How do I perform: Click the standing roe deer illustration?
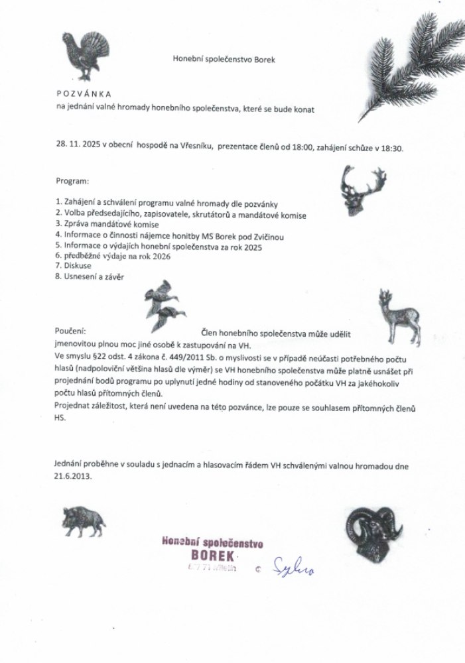coord(397,318)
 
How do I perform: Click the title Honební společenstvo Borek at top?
coord(223,59)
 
